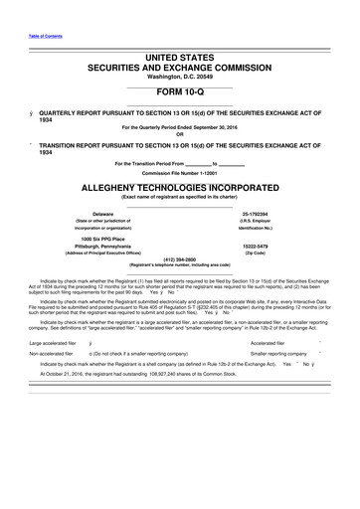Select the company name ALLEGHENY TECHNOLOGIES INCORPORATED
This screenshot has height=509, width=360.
(180, 186)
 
